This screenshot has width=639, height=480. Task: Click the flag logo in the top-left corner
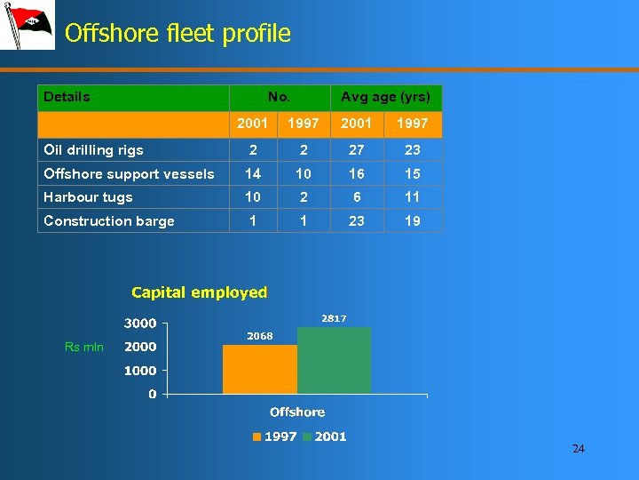(x=27, y=26)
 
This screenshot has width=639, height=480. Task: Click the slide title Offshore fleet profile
(x=177, y=34)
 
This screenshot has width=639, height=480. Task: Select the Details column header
(x=67, y=97)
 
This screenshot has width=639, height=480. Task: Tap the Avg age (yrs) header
(x=385, y=97)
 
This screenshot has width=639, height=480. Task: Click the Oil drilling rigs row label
(x=93, y=150)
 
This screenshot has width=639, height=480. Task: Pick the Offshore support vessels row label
(x=129, y=174)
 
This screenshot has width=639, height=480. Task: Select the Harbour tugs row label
(x=88, y=197)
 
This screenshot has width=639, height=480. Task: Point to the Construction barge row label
(x=108, y=221)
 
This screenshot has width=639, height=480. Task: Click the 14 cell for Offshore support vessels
(x=253, y=173)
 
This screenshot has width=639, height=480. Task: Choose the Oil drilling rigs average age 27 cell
(x=356, y=150)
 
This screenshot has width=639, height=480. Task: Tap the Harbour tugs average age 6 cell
(x=356, y=197)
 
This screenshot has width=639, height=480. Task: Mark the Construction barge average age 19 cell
(x=412, y=221)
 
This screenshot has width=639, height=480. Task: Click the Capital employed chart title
(x=199, y=292)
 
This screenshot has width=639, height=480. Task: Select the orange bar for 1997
(x=259, y=369)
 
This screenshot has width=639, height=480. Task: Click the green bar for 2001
(x=334, y=360)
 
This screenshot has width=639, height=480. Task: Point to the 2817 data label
(x=334, y=318)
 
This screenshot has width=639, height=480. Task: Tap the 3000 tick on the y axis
(x=140, y=324)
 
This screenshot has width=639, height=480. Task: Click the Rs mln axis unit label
(x=84, y=347)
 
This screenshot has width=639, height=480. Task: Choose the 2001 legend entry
(x=325, y=436)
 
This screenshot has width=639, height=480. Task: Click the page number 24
(x=579, y=449)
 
